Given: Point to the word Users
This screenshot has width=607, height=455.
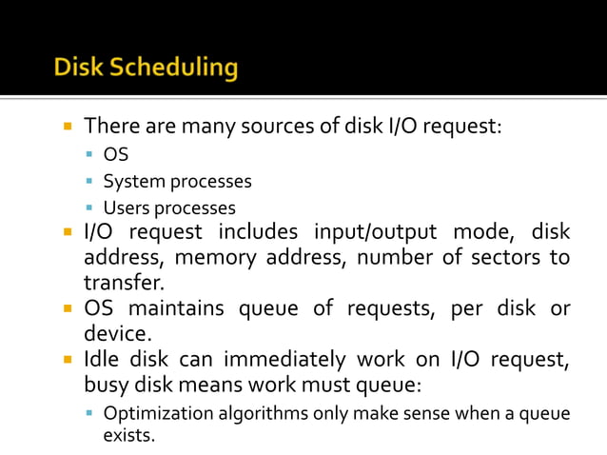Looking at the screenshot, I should pyautogui.click(x=127, y=208).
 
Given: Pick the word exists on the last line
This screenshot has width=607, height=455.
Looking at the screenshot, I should pyautogui.click(x=128, y=436).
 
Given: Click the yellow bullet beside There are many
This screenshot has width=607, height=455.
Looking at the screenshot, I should pyautogui.click(x=70, y=126).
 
